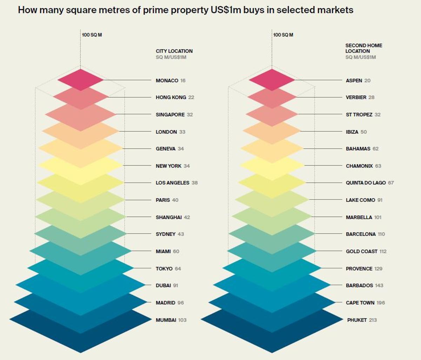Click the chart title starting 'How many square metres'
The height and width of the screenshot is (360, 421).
(x=185, y=10)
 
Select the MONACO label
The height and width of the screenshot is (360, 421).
(x=167, y=80)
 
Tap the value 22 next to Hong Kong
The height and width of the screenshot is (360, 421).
(x=191, y=97)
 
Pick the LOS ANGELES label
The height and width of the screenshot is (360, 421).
(x=172, y=183)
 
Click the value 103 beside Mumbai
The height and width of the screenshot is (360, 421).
(x=182, y=320)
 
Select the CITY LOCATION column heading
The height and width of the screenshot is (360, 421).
(x=174, y=51)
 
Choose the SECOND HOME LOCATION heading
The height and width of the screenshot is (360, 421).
(x=363, y=48)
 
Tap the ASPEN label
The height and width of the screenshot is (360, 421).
(x=354, y=80)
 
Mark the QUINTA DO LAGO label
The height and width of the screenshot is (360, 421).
(x=366, y=183)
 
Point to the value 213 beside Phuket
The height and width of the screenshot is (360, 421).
(x=373, y=320)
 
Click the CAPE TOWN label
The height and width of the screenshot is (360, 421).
(x=360, y=303)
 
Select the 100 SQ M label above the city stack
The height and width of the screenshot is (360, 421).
(x=92, y=35)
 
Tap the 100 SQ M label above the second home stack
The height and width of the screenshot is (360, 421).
(x=283, y=35)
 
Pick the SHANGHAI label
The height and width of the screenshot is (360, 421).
(x=168, y=217)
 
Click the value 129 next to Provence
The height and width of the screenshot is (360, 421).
(x=378, y=269)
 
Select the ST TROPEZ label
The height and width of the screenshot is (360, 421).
(x=359, y=114)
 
